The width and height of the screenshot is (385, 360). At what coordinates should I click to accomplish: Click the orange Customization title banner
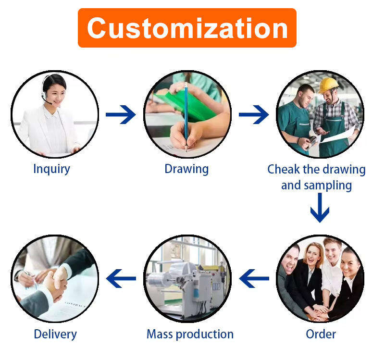coord(187,27)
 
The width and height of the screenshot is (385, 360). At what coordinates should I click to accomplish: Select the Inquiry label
coord(51,169)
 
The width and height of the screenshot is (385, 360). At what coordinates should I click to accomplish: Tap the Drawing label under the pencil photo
coord(186,169)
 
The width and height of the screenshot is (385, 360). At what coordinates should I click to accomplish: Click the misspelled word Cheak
coord(285,170)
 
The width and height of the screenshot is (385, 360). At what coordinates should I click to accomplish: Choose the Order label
coord(321,334)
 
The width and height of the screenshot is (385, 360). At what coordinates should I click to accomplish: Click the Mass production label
coord(190,334)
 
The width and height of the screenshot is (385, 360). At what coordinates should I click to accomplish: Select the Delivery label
coord(55,334)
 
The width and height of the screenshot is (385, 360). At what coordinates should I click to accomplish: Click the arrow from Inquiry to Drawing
coord(121,114)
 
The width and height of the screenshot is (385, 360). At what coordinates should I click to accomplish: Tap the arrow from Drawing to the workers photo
coord(253,114)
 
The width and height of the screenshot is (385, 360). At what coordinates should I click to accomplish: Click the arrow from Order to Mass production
coord(254,278)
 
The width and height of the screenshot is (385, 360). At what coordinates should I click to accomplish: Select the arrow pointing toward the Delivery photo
coord(121,278)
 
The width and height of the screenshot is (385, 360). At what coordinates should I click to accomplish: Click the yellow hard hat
coord(329,85)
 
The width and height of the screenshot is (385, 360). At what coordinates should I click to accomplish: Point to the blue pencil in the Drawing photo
coord(186,115)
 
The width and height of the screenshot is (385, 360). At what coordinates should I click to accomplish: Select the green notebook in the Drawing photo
coord(190,103)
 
